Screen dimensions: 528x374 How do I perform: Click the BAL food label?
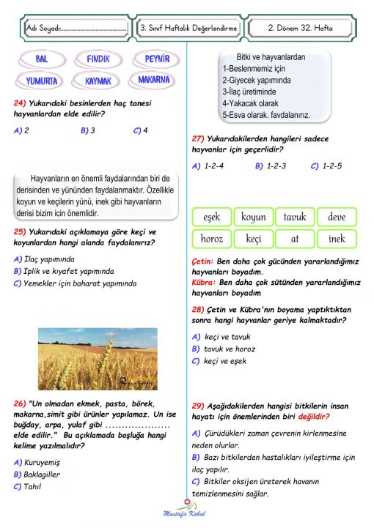point(41,59)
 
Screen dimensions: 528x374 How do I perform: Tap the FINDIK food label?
point(98,59)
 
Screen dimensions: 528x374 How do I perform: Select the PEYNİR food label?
point(156,59)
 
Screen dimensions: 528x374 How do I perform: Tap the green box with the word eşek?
point(212,217)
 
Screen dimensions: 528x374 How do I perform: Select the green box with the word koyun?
point(253,217)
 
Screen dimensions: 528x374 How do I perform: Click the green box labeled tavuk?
point(295,217)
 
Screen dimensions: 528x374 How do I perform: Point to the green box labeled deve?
point(337,217)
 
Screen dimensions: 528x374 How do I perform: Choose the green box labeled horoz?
point(212,239)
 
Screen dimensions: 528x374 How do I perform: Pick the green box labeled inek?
point(337,239)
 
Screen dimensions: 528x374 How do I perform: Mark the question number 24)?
point(21,103)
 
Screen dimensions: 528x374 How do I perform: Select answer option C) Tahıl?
point(28,486)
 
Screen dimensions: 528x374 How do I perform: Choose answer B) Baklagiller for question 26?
point(37,474)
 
